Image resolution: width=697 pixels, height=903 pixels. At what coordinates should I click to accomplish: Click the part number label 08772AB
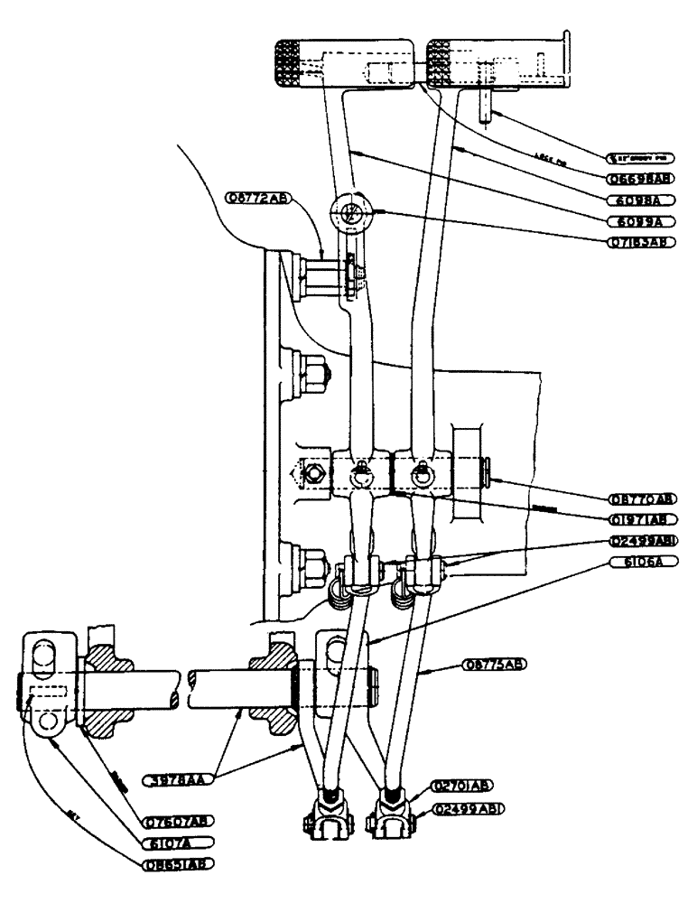256,198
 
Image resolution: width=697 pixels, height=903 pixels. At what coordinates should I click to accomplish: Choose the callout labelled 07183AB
642,242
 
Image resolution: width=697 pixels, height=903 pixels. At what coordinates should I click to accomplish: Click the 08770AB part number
642,498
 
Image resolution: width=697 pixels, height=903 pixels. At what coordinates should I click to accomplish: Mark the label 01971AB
642,518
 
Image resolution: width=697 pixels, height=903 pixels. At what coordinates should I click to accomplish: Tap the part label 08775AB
494,664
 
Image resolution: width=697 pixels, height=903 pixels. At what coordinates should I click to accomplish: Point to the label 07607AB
178,822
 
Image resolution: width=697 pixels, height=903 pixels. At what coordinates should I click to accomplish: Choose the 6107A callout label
178,842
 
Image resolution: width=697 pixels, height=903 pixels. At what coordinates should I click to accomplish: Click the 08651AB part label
178,862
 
